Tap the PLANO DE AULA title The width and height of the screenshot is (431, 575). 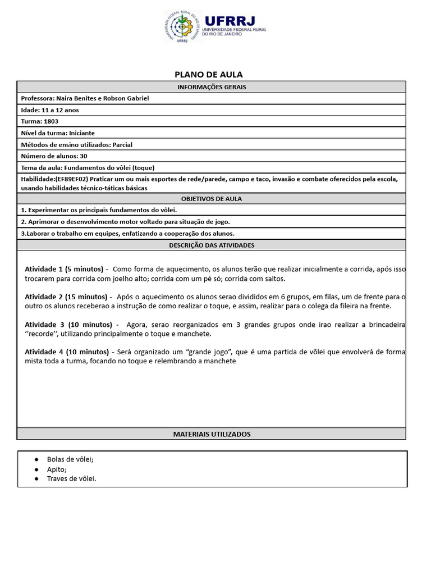coord(209,75)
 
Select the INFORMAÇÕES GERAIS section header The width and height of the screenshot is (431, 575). coord(212,87)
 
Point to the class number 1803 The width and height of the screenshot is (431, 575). coord(51,121)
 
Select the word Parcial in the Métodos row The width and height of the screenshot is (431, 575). coord(122,144)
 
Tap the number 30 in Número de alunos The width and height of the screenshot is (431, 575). coord(84,156)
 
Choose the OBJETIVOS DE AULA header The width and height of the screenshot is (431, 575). coord(212,199)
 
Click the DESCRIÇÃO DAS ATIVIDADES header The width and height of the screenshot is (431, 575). coord(212,245)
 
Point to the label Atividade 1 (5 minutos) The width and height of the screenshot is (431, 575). coord(64,270)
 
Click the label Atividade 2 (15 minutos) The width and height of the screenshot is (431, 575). coord(66,296)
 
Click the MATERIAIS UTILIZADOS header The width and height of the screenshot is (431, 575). coord(212,434)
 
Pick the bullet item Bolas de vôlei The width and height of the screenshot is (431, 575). coord(70,459)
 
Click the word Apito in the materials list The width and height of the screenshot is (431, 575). coord(57,469)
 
